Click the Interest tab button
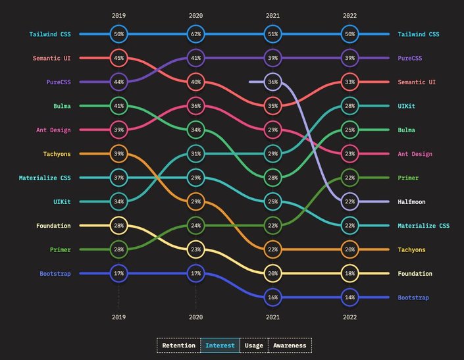(x=220, y=345)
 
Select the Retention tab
(x=178, y=345)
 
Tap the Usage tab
(x=253, y=345)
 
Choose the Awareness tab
(x=290, y=345)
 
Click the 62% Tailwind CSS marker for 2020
(x=196, y=34)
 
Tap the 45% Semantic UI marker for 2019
(x=118, y=58)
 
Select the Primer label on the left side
(x=60, y=249)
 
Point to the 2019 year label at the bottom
(x=118, y=316)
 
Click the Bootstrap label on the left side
(x=55, y=273)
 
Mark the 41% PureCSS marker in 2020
(x=196, y=58)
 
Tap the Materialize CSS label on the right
(x=424, y=226)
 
